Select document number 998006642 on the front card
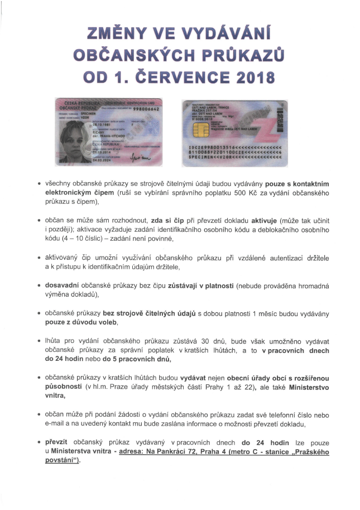[x=147, y=109]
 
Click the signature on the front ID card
[x=142, y=159]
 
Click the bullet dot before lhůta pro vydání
[x=39, y=340]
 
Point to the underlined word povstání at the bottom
[x=63, y=460]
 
